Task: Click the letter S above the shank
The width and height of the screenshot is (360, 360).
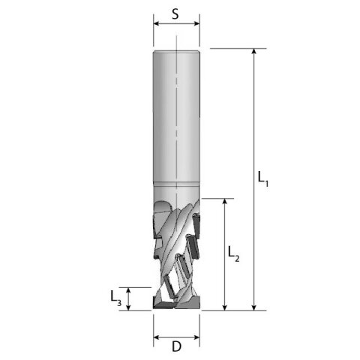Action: click(175, 13)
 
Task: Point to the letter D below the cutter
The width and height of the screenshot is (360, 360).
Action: click(176, 347)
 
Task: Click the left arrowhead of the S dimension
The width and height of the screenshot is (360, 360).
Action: click(157, 23)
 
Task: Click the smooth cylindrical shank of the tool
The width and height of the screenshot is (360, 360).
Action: click(176, 112)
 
